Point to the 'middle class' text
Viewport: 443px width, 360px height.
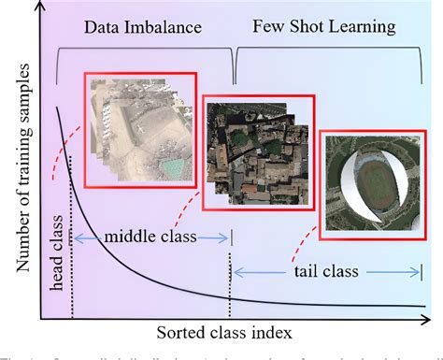pyautogui.click(x=151, y=238)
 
